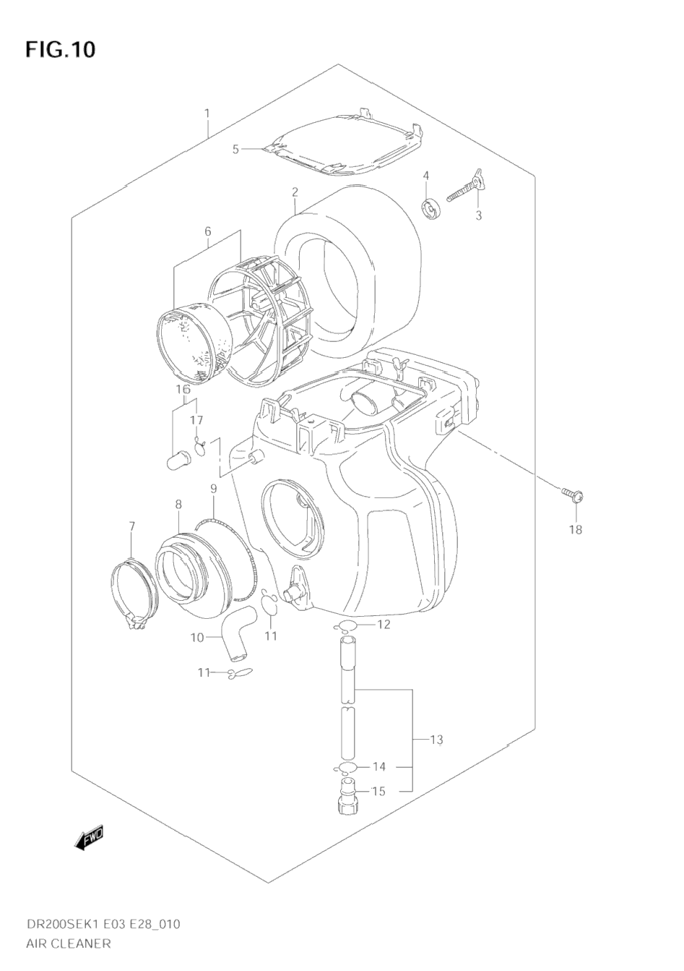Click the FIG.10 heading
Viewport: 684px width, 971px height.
point(60,49)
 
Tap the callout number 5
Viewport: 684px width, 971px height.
point(235,150)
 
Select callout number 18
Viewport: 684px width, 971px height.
point(576,529)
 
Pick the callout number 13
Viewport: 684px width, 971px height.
point(436,739)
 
